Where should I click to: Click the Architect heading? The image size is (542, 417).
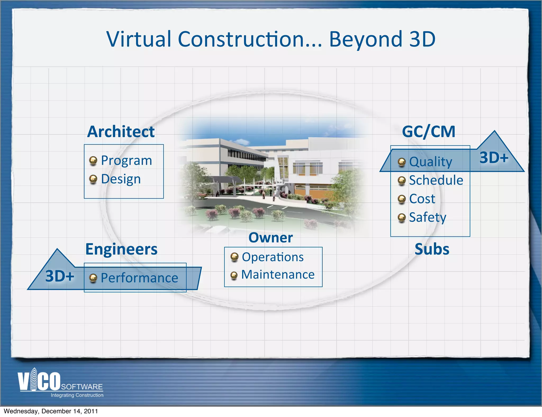[x=121, y=132]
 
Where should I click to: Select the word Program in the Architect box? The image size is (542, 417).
[x=127, y=161]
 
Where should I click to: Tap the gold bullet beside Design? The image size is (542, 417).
[x=93, y=179]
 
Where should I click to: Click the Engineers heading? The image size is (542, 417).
[x=121, y=249]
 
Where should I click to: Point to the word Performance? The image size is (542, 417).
[x=139, y=278]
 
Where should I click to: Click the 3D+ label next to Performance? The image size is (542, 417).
[x=60, y=276]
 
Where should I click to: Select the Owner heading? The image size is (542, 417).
[x=270, y=238]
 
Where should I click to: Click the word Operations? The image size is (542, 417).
[x=273, y=257]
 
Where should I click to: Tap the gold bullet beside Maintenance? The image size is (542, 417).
[x=234, y=275]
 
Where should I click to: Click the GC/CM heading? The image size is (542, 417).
[x=428, y=132]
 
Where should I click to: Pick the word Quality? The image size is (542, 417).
[x=431, y=162]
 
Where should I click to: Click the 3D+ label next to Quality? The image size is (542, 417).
[x=494, y=158]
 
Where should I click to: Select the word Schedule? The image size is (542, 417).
[x=436, y=180]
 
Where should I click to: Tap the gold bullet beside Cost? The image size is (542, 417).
[x=401, y=199]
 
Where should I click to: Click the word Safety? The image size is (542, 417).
[x=427, y=217]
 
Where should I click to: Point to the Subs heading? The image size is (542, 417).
[x=432, y=249]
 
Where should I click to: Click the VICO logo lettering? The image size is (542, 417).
[x=39, y=381]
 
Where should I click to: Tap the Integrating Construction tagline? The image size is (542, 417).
[x=77, y=395]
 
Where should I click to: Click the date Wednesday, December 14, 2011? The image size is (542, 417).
[x=51, y=411]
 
